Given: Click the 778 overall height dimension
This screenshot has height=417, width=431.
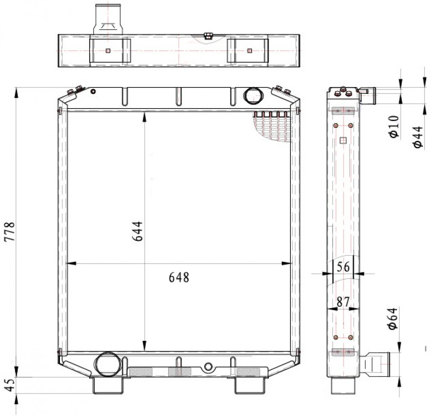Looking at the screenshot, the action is pyautogui.click(x=9, y=231).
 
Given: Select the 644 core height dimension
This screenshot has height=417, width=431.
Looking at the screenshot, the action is pyautogui.click(x=137, y=231).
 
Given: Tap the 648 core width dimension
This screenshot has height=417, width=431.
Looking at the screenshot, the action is pyautogui.click(x=179, y=277).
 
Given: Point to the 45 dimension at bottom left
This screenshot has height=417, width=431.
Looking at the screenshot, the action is pyautogui.click(x=9, y=386).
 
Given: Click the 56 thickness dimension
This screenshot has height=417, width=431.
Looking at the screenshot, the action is pyautogui.click(x=343, y=267).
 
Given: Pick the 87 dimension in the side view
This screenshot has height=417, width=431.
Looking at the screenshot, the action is pyautogui.click(x=343, y=302).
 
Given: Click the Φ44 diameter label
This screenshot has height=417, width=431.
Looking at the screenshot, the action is pyautogui.click(x=418, y=137).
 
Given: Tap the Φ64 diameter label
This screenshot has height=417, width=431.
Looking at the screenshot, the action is pyautogui.click(x=392, y=318).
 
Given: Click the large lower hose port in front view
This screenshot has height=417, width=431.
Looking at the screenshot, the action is pyautogui.click(x=107, y=365).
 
